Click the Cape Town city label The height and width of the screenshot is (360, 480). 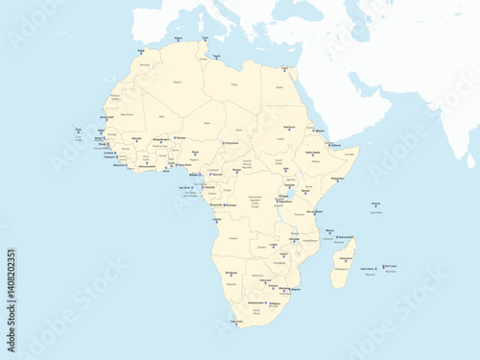pyautogui.click(x=235, y=321)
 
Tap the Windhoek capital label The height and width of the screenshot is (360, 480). pyautogui.click(x=230, y=273)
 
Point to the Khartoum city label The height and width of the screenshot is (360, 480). pyautogui.click(x=289, y=126)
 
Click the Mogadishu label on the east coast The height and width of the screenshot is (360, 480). pyautogui.click(x=337, y=178)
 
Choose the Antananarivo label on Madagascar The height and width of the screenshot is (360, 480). pyautogui.click(x=347, y=258)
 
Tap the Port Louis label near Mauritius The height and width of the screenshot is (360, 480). pyautogui.click(x=390, y=266)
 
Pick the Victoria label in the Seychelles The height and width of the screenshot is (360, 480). pyautogui.click(x=375, y=204)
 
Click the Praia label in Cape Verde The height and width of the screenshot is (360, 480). pyautogui.click(x=78, y=129)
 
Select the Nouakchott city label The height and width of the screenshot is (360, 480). pyautogui.click(x=106, y=117)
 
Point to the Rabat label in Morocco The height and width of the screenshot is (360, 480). pyautogui.click(x=142, y=49)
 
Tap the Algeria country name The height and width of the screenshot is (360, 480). pyautogui.click(x=175, y=84)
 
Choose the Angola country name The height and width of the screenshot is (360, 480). pyautogui.click(x=231, y=237)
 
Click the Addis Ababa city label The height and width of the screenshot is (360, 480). pyautogui.click(x=313, y=152)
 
